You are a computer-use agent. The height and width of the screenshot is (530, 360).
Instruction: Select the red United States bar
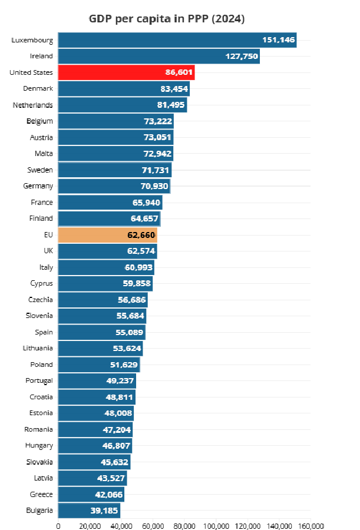point(126,72)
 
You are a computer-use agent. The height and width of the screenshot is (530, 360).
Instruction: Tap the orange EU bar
point(108,235)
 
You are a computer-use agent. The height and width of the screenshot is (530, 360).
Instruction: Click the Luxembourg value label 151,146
point(279,40)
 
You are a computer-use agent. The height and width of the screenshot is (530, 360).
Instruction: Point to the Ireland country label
point(41,56)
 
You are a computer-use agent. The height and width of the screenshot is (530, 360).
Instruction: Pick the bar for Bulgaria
point(89,511)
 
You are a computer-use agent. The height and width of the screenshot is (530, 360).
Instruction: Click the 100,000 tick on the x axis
point(216,526)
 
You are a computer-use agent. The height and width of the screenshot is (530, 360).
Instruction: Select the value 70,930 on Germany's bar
point(154,186)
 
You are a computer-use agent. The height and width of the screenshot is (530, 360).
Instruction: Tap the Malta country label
point(44,154)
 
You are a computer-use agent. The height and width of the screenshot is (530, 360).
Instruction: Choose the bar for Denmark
point(124,88)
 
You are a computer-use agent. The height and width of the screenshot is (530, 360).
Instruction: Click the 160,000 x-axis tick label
point(311,526)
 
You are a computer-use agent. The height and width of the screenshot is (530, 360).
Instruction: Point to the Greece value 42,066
point(108,495)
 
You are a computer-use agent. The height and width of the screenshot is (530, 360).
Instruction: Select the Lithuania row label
point(38,348)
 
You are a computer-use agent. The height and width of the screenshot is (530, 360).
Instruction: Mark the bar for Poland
point(99,365)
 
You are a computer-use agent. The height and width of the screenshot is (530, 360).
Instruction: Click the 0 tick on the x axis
point(58,526)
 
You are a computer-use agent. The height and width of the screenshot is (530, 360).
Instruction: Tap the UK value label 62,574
point(141,251)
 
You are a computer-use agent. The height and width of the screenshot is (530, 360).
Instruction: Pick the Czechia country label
point(41,300)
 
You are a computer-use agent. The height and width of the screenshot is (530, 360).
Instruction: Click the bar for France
point(110,203)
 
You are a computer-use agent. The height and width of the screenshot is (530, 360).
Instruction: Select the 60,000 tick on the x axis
point(153,526)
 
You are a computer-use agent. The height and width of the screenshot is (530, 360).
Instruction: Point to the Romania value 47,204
point(117,430)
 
